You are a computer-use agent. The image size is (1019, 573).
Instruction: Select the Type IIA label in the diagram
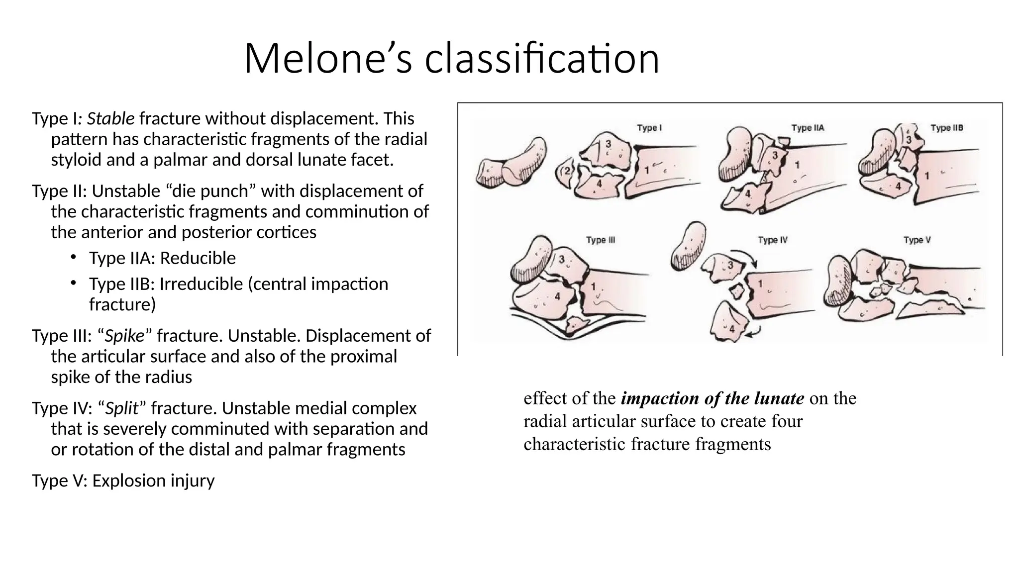tap(808, 128)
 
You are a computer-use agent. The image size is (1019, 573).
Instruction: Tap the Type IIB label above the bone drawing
tap(946, 128)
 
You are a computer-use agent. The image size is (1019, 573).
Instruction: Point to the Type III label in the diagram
tap(600, 240)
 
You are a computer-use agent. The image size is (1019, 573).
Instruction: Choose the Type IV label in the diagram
tap(772, 240)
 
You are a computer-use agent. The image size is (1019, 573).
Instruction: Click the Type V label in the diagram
tap(917, 240)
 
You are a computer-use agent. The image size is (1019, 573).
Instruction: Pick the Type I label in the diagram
tap(649, 128)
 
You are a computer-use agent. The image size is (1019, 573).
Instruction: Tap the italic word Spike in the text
tap(124, 336)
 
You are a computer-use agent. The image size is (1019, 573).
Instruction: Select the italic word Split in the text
tap(121, 408)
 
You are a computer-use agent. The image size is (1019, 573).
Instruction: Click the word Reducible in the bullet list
tap(198, 258)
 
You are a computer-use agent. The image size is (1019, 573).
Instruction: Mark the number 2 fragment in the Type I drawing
tap(567, 172)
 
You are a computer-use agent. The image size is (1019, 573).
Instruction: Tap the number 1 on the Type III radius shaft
tap(593, 287)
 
